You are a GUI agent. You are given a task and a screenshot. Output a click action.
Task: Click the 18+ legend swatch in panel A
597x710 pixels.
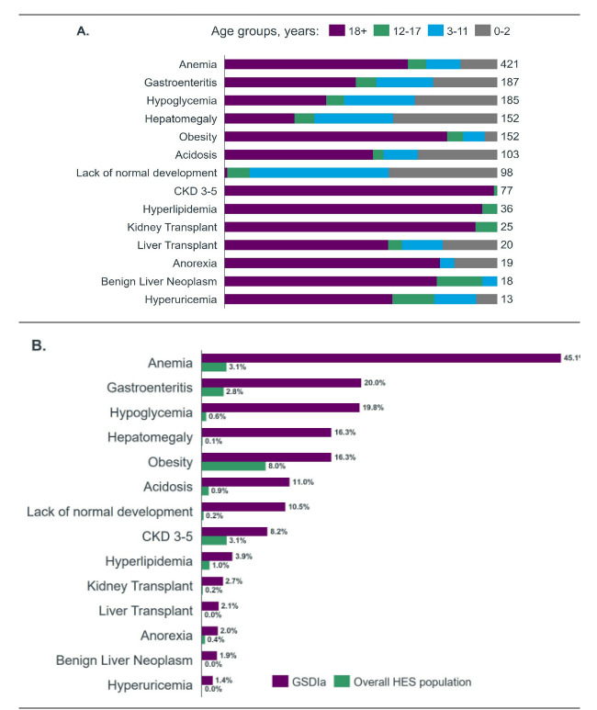point(336,31)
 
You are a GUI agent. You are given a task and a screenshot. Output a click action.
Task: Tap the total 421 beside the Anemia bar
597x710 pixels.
point(511,64)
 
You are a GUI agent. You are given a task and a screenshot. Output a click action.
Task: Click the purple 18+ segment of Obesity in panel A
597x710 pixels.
point(335,136)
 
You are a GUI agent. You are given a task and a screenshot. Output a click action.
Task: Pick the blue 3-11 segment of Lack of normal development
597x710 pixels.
point(319,172)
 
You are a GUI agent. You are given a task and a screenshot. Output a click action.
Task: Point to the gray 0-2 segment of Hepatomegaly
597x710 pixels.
point(445,118)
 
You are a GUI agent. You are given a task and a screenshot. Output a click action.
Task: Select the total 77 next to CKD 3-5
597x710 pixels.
point(507,190)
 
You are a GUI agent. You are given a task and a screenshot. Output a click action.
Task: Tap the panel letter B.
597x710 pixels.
point(39,346)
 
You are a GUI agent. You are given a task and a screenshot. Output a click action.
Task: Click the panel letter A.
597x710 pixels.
point(83,31)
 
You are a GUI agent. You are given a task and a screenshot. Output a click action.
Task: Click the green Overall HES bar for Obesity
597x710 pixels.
point(233,466)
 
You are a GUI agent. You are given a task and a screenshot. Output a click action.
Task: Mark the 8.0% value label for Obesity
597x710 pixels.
point(278,466)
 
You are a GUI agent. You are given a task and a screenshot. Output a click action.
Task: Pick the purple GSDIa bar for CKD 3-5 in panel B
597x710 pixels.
point(234,531)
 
